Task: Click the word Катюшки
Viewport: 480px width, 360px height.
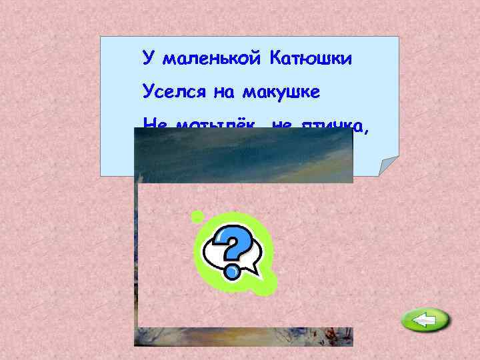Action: pos(310,59)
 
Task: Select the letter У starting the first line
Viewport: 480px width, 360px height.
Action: pos(147,59)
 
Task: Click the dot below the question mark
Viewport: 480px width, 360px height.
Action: pos(233,271)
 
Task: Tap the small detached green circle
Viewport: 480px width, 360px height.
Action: pos(197,215)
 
